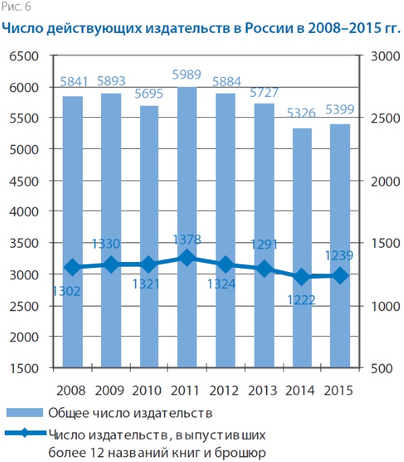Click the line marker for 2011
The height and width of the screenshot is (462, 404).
coord(187,258)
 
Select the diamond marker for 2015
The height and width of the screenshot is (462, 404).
coord(341,275)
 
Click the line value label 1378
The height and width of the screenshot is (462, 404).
coord(188,240)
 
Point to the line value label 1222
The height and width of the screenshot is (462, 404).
coord(302,300)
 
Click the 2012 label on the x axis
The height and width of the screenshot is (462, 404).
coord(226,390)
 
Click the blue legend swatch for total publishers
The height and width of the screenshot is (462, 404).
coord(24,412)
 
